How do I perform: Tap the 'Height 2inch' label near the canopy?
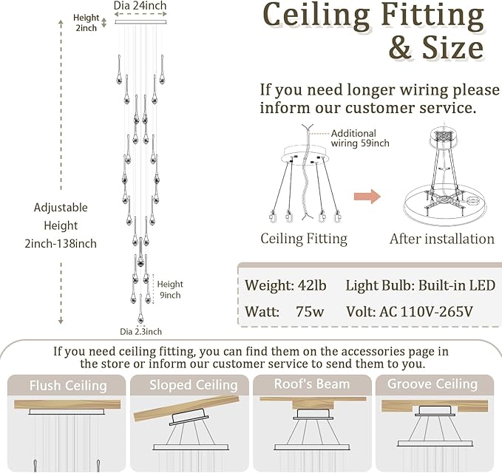86,23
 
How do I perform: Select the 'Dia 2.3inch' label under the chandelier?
140,332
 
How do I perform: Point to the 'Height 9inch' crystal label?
169,290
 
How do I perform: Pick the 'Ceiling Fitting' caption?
304,239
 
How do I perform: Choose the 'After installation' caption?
441,239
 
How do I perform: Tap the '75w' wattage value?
309,311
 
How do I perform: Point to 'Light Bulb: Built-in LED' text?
420,285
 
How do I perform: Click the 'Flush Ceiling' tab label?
68,385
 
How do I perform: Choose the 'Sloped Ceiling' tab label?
193,385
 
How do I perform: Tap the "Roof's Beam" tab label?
313,384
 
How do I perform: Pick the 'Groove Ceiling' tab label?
433,384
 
